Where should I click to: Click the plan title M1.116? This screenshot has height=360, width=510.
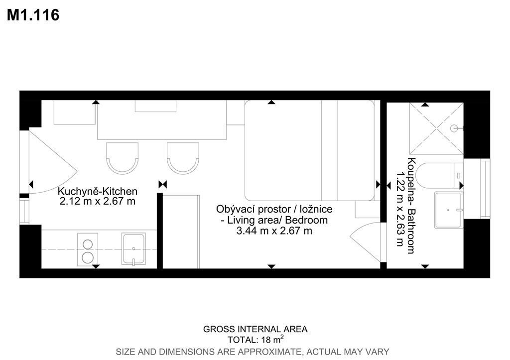coord(33,15)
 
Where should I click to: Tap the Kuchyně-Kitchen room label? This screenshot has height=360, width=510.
coord(98,191)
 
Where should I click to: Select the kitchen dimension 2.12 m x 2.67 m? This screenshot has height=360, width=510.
coord(98,201)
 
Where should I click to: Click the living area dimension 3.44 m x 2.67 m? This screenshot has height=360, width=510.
coord(274,231)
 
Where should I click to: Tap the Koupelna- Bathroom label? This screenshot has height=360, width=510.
coord(411,206)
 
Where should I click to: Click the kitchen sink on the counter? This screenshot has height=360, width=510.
coord(133,249)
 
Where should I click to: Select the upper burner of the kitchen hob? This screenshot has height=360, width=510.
coord(88,244)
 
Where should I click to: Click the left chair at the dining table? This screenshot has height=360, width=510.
coord(123,158)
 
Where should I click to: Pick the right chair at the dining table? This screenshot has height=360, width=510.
coord(183,158)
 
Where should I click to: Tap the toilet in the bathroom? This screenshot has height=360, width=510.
coord(439,176)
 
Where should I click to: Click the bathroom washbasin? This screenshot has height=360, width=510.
coord(448,210)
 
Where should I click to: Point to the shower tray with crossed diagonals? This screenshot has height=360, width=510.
coord(436,128)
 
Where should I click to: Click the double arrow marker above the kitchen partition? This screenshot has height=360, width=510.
coord(163,185)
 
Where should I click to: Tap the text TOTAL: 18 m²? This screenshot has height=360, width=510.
coord(255,340)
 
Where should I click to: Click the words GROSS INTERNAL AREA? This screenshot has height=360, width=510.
coord(255,330)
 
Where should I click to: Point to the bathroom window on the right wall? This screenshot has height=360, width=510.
coord(485,189)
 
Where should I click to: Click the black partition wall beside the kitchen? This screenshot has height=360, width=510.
coord(160,231)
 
